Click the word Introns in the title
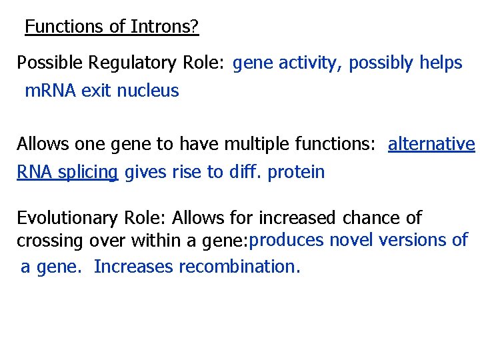[x=161, y=27]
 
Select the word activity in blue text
[x=306, y=63]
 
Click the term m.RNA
[x=50, y=91]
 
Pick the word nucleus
[x=148, y=91]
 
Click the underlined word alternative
[x=431, y=145]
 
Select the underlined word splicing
[x=88, y=172]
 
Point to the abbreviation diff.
[x=245, y=172]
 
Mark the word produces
[x=288, y=240]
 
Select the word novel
[x=353, y=240]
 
